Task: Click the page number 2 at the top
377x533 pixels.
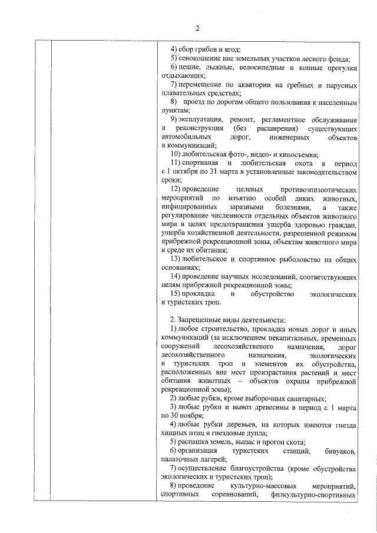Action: (x=198, y=28)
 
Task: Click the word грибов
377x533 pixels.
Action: (x=203, y=48)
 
